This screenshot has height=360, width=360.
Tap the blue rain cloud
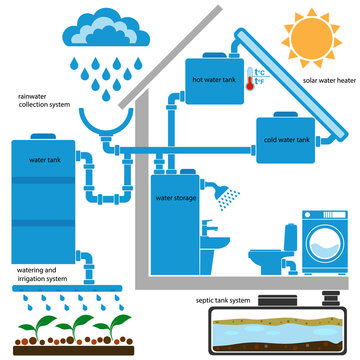coord(99,27)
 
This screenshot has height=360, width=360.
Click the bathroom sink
coord(214,230)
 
